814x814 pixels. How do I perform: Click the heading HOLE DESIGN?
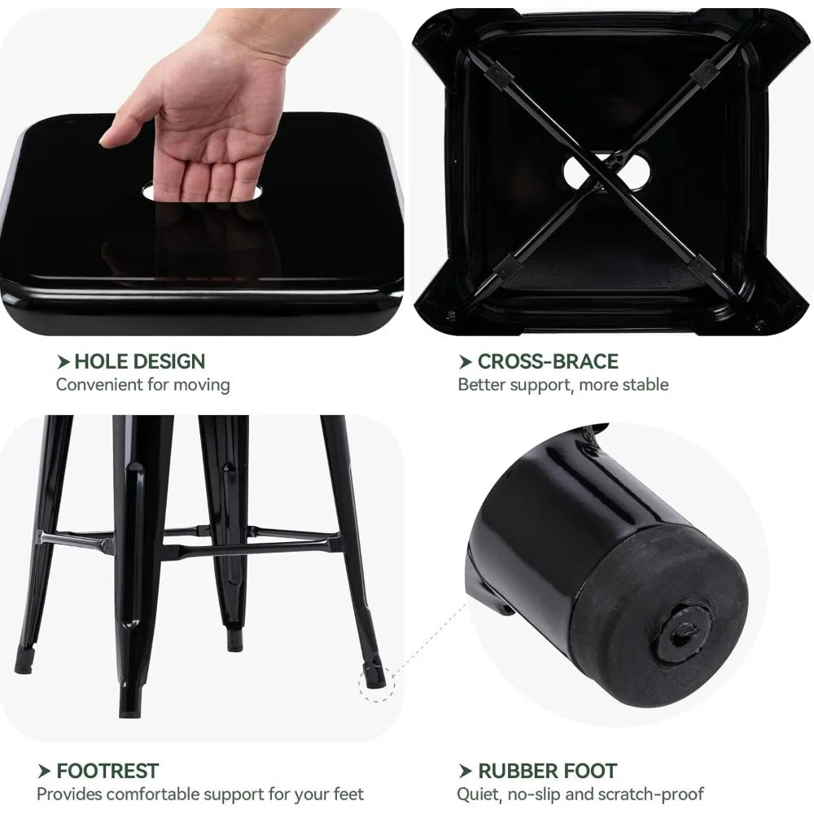pos(140,361)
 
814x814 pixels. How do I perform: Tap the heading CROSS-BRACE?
pos(548,361)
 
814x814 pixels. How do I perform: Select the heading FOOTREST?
pos(107,771)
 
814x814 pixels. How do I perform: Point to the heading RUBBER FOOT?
pos(547,771)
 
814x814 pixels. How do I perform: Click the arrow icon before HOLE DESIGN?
pos(63,362)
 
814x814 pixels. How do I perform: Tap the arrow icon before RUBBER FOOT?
pos(465,772)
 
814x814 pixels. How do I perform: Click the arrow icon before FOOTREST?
pos(44,772)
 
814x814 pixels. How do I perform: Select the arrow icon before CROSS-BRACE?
pos(465,362)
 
